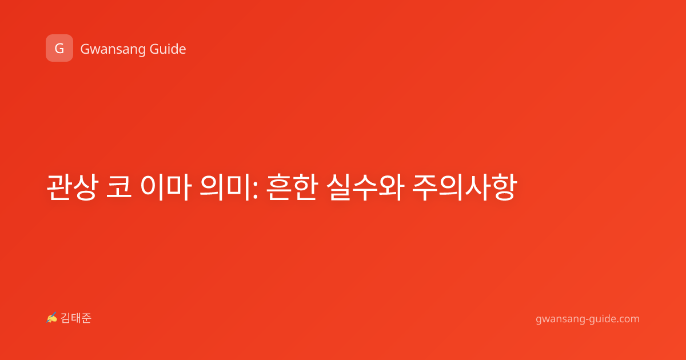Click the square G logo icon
pos(59,48)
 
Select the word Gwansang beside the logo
pos(113,50)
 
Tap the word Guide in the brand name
pos(168,49)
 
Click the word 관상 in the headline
pos(73,187)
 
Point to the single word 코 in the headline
pos(119,187)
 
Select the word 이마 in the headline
pos(166,187)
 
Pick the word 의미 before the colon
pos(225,187)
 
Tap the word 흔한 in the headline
pos(291,187)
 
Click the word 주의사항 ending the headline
pos(465,187)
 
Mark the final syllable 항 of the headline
pos(504,187)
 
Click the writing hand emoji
pos(52,318)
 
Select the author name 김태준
pos(76,318)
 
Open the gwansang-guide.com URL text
pos(588,319)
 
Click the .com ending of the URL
pos(628,319)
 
